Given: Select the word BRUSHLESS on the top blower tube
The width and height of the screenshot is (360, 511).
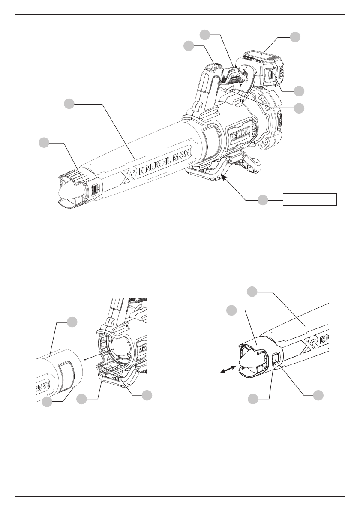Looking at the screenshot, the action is (x=164, y=162).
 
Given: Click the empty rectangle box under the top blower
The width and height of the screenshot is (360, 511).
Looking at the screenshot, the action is (x=309, y=199).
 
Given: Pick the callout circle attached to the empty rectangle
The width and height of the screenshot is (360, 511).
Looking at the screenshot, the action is (x=263, y=200).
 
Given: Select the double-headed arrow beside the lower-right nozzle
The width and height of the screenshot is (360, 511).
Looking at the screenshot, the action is (x=228, y=370).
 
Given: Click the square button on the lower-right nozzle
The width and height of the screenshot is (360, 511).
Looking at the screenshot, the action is (x=276, y=358).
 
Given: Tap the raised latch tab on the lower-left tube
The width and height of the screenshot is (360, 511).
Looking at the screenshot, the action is (x=67, y=375).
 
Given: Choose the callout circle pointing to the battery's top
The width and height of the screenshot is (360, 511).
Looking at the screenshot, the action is (x=295, y=37).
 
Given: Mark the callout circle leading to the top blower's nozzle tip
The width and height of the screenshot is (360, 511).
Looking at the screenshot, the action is (x=44, y=143).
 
